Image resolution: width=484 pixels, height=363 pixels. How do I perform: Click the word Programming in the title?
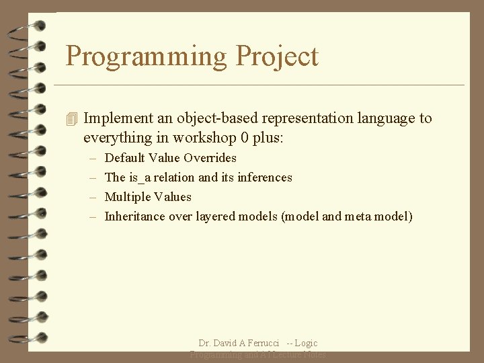pos(147,56)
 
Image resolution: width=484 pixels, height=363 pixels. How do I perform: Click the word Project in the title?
pos(277,56)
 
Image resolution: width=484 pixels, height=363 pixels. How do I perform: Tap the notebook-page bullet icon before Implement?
pos(73,119)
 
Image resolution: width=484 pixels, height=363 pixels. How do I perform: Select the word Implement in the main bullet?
pos(118,118)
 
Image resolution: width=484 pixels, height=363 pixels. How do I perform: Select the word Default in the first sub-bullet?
pos(125,158)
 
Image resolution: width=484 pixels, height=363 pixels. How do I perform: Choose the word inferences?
pos(265,177)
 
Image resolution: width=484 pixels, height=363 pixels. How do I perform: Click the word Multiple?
pos(128,197)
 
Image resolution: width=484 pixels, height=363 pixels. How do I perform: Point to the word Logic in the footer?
pos(307,344)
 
